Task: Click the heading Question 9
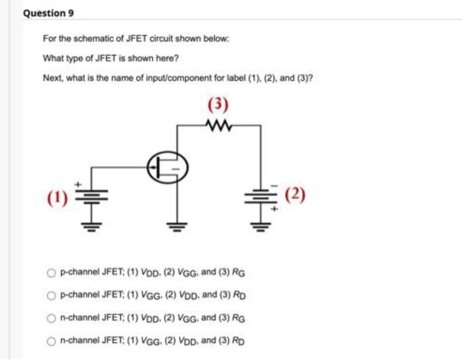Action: pos(45,13)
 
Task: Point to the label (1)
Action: pos(56,196)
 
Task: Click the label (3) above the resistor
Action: pos(218,105)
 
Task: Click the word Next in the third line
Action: pos(52,78)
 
